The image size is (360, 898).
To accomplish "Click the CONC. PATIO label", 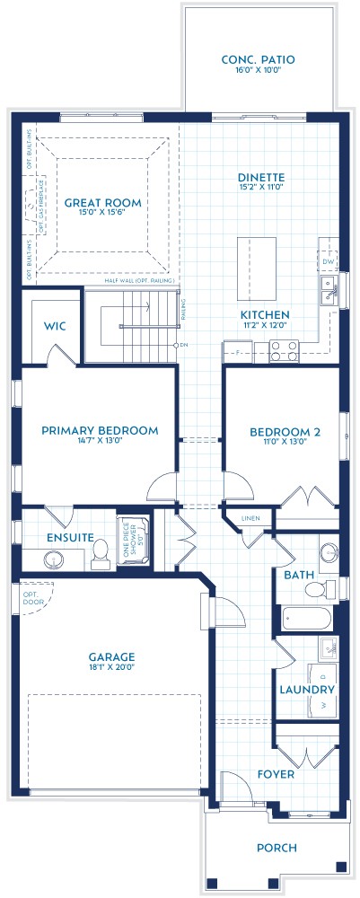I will (258, 60).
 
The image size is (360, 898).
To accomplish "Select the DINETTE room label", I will (261, 178).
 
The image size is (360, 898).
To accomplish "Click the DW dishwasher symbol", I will (329, 261).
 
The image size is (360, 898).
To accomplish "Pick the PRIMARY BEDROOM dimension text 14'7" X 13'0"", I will (100, 442).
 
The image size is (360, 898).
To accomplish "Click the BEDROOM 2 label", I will (279, 431).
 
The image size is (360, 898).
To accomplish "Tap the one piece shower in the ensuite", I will (133, 541).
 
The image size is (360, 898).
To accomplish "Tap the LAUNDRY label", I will (307, 690).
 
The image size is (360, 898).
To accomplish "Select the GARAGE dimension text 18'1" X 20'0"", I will (111, 668).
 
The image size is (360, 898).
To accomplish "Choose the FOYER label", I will (276, 773).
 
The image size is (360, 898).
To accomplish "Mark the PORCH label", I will (276, 847).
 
